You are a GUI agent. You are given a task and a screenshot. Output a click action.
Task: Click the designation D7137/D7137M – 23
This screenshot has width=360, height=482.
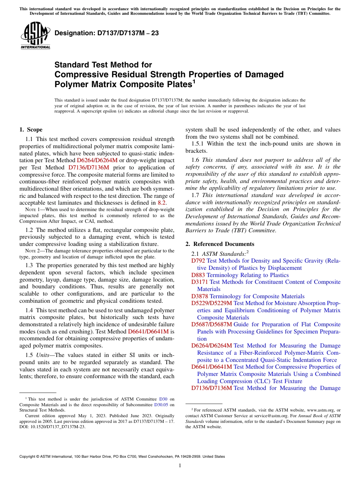[106, 33]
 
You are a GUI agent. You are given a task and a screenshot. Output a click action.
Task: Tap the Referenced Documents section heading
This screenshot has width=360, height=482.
[220, 244]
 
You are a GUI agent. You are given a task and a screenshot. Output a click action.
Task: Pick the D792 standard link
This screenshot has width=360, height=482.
[198, 261]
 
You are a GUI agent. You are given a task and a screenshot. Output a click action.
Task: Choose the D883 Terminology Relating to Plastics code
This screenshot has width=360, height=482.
[198, 275]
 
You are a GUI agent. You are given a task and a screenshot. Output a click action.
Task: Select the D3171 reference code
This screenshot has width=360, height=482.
[200, 282]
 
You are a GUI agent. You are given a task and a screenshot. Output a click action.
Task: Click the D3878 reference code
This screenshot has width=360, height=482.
[200, 296]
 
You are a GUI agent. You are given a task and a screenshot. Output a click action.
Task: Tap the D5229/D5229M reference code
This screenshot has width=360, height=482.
[211, 303]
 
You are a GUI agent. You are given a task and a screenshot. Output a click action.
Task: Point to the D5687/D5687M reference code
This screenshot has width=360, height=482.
[211, 324]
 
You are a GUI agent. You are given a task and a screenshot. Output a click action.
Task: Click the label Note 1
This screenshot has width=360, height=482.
[33, 210]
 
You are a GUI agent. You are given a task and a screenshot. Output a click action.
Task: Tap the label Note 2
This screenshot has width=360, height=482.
[33, 251]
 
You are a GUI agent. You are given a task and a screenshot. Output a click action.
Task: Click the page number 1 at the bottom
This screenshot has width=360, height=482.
[180, 466]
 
